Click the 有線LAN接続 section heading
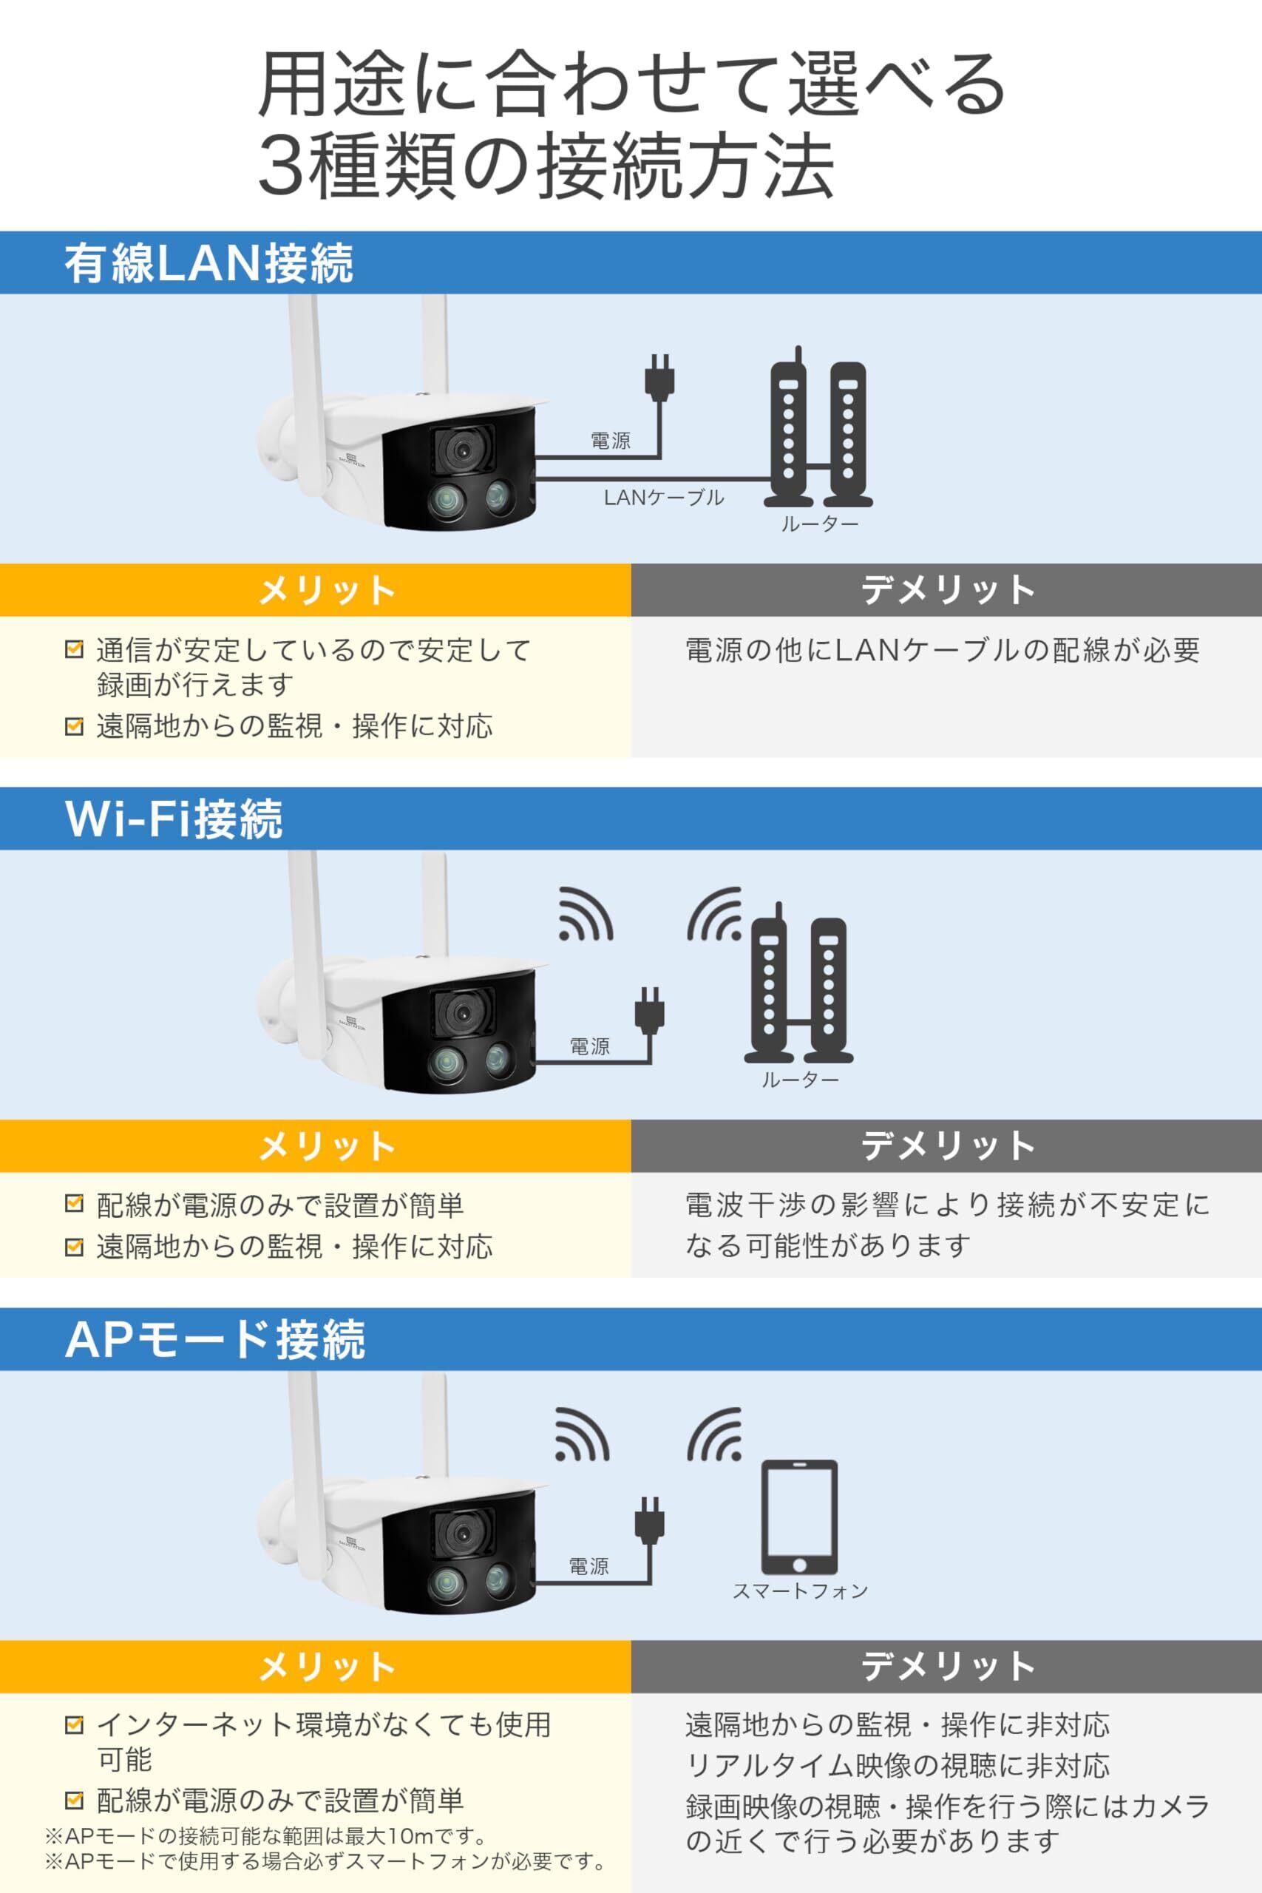208,263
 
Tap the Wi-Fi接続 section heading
174,819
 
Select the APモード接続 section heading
215,1339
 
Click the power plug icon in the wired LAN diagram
660,375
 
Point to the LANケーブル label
664,498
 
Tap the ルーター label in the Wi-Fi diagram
800,1080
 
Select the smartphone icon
799,1519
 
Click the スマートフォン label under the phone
800,1591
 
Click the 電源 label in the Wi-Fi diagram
590,1046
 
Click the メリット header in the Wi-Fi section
327,1146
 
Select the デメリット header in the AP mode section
947,1666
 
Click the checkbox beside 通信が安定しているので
74,649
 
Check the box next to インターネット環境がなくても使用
74,1725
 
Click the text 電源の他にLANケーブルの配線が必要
943,649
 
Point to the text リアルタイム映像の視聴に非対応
898,1766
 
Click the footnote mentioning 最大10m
266,1836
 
